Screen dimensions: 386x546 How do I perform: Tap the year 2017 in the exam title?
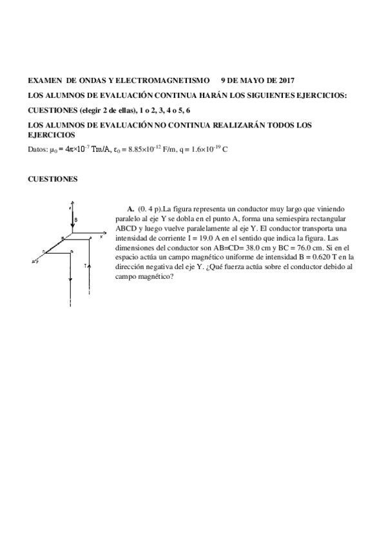284,80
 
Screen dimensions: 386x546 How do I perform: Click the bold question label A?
131,209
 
